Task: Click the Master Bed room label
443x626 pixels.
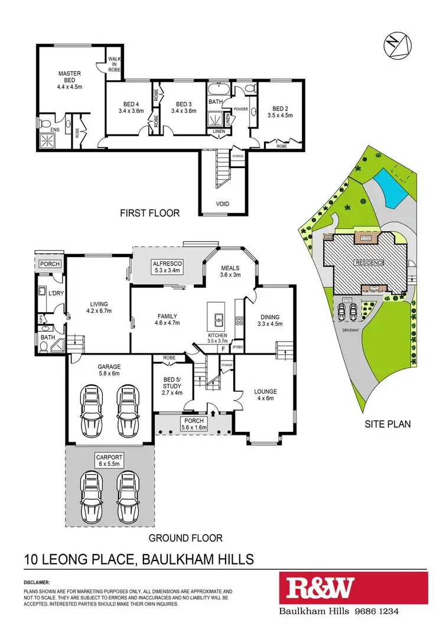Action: coord(69,78)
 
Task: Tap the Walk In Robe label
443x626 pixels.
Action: coord(114,63)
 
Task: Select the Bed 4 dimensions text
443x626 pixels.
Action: coord(131,110)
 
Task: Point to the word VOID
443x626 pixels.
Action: coord(222,204)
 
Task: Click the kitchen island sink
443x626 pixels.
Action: coord(217,321)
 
